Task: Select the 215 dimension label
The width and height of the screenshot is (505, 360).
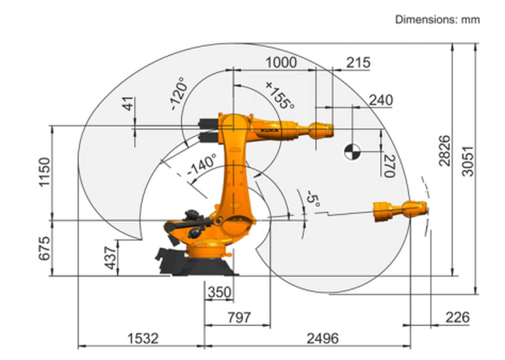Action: [358, 63]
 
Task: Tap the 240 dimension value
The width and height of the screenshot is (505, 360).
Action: [380, 100]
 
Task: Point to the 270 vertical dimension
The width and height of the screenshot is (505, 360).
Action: [388, 166]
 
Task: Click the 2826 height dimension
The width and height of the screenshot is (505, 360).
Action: [444, 151]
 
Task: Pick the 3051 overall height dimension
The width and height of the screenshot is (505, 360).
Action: [468, 161]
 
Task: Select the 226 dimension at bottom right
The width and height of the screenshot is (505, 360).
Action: [457, 318]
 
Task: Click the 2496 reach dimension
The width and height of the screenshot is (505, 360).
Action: [323, 338]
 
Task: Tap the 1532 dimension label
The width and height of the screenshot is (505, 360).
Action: [142, 338]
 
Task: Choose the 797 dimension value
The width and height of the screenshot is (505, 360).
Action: [239, 318]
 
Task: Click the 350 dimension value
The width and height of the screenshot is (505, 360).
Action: [219, 292]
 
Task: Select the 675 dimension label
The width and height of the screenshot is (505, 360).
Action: [44, 248]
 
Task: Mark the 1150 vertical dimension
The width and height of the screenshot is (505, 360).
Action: [44, 172]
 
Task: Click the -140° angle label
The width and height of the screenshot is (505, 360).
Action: [201, 165]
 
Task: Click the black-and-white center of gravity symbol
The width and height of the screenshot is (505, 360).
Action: [352, 150]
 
